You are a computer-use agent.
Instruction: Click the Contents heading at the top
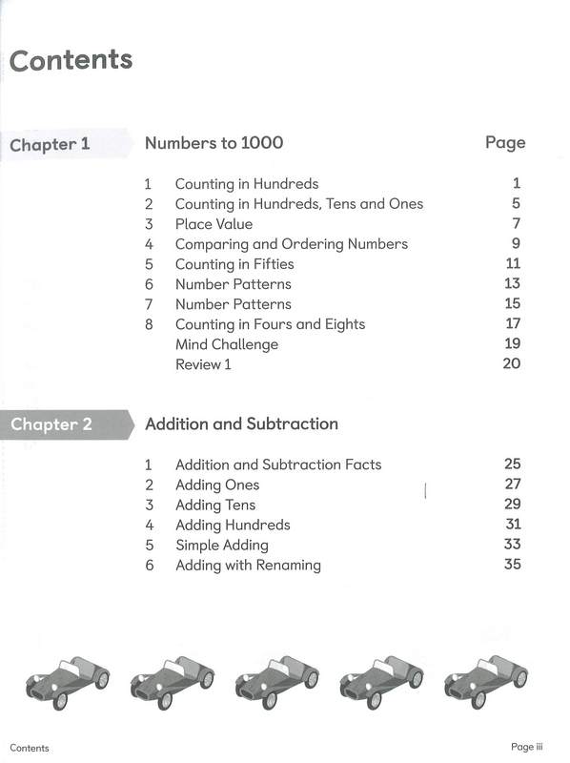point(71,60)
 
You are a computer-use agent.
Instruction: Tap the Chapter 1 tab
point(50,145)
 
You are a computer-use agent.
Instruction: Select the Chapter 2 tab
point(51,424)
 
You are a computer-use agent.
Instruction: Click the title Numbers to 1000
point(214,143)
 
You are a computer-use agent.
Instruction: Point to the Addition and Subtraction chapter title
point(241,423)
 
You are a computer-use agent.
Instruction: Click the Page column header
point(504,143)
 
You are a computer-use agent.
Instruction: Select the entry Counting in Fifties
point(234,264)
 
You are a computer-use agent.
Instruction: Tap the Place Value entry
point(214,224)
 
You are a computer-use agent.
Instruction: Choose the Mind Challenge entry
point(227,344)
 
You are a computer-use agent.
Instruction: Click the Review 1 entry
point(203,364)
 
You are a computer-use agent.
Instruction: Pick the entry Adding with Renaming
point(248,566)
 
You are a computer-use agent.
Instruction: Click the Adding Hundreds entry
point(233,526)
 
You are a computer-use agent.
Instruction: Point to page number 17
point(512,324)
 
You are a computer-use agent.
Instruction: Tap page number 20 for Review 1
point(511,364)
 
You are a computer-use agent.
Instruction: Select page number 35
point(512,566)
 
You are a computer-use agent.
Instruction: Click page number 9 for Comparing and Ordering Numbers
point(516,244)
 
